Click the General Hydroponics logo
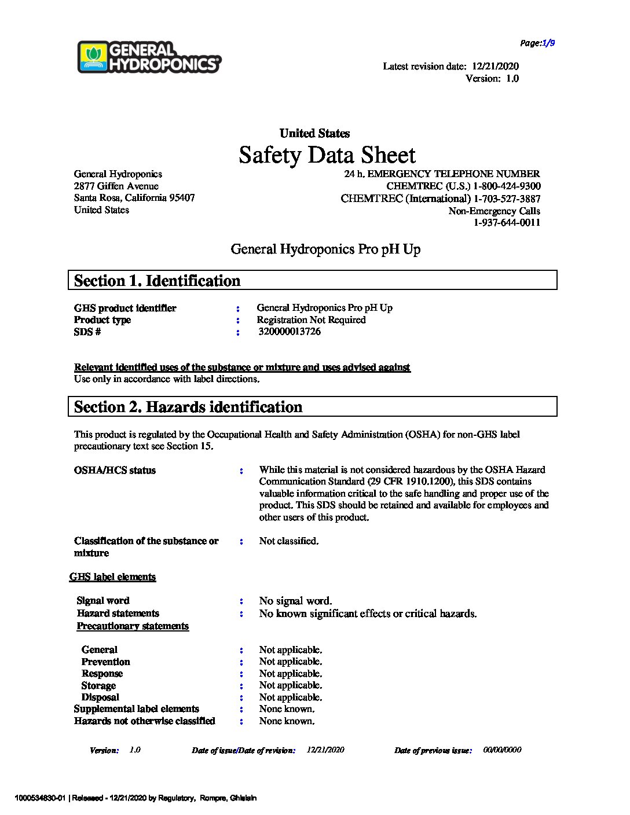coord(149,57)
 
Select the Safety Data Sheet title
coord(327,155)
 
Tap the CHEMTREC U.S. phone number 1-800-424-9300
coord(507,186)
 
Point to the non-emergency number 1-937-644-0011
coord(507,223)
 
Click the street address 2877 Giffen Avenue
coord(116,186)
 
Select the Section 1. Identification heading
coord(157,281)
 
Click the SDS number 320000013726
coord(290,332)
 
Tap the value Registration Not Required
coord(312,320)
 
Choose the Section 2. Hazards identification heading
coord(188,407)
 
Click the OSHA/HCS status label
coord(115,471)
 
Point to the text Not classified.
coord(289,541)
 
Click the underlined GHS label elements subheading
coord(113,577)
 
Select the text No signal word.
coord(295,601)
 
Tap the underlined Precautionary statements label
coord(133,626)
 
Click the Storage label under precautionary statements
coord(98,686)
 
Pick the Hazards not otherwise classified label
coord(145,721)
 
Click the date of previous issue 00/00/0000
coord(502,750)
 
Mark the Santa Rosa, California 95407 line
coord(134,198)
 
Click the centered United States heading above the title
coord(314,134)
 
